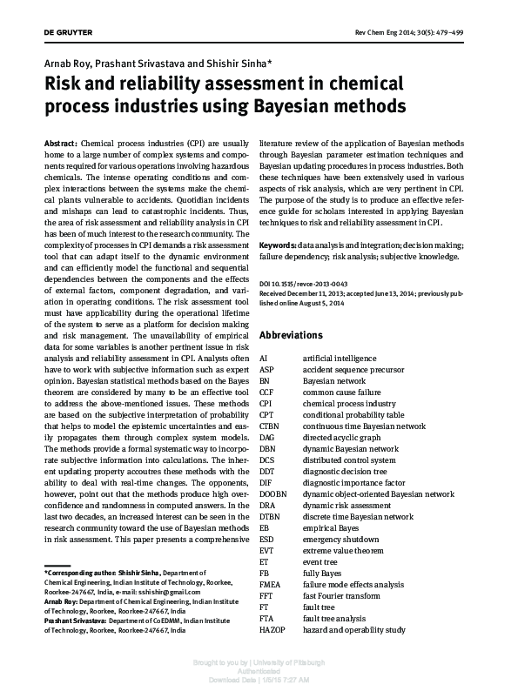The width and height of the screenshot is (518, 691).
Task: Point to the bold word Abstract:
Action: point(61,142)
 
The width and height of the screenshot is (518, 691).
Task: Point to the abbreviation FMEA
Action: point(271,584)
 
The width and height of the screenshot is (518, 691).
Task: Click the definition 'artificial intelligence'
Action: point(339,358)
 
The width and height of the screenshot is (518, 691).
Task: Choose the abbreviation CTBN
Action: point(271,426)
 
